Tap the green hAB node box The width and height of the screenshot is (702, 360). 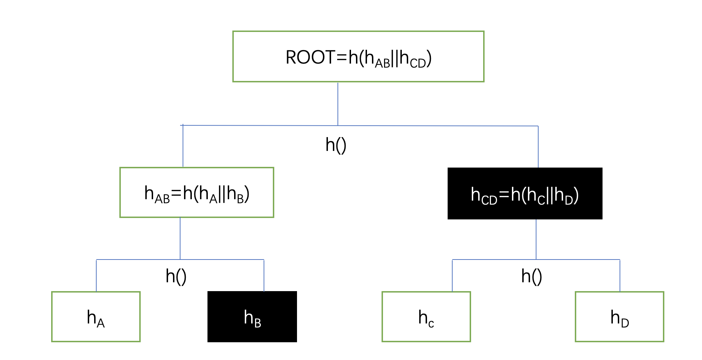[196, 192]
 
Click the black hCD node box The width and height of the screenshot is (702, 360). [525, 193]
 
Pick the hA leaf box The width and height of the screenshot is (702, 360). [96, 317]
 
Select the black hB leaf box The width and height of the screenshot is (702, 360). [252, 317]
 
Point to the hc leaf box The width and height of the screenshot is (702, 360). [426, 317]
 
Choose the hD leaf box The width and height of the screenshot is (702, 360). [619, 317]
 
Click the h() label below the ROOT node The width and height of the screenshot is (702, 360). [336, 145]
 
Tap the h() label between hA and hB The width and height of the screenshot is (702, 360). [176, 276]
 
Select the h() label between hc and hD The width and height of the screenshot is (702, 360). [531, 276]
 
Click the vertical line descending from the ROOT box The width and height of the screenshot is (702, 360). [337, 104]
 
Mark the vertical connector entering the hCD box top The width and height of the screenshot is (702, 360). [538, 147]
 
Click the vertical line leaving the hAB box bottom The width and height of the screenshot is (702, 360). [180, 238]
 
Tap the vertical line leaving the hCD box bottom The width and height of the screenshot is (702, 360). [536, 239]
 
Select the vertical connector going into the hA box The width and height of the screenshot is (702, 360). [96, 276]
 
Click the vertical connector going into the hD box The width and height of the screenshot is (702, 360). [620, 276]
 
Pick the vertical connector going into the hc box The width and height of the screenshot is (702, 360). [452, 276]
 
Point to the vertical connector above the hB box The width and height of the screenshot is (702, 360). [264, 276]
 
